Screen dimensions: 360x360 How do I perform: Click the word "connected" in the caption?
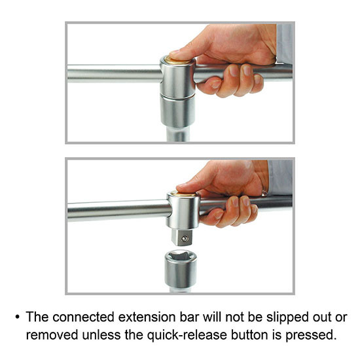pyautogui.click(x=83, y=317)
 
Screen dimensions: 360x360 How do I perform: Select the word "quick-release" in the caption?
pyautogui.click(x=187, y=335)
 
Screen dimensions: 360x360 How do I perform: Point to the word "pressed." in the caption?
pyautogui.click(x=311, y=336)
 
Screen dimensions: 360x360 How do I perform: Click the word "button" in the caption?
pyautogui.click(x=249, y=335)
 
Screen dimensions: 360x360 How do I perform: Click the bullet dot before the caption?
pyautogui.click(x=18, y=317)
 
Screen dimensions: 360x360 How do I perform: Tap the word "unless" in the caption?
pyautogui.click(x=101, y=335)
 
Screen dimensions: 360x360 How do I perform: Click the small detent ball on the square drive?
pyautogui.click(x=185, y=239)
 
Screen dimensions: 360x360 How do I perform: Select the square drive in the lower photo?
pyautogui.click(x=182, y=238)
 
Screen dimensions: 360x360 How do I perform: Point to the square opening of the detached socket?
pyautogui.click(x=181, y=255)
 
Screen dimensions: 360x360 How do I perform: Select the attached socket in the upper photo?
pyautogui.click(x=177, y=111)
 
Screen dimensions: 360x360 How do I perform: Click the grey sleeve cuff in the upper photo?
pyautogui.click(x=284, y=44)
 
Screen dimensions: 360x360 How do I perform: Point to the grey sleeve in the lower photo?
pyautogui.click(x=280, y=177)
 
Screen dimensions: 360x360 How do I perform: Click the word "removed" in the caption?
pyautogui.click(x=52, y=335)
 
